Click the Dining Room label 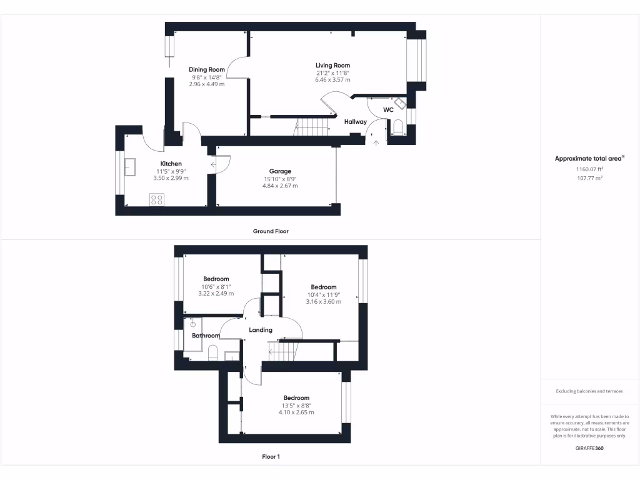[x=207, y=69]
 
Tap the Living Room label [x=332, y=65]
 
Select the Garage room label [x=280, y=171]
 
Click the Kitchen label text [x=171, y=164]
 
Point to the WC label [x=388, y=110]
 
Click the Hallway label [x=356, y=122]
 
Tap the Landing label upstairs [x=261, y=330]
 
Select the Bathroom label [x=206, y=336]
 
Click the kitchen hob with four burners [x=157, y=200]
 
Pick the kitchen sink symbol [x=131, y=167]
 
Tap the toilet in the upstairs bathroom [x=212, y=352]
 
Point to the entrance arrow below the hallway [x=375, y=144]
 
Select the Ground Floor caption [x=271, y=231]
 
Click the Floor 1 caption [x=271, y=457]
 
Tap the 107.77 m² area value [x=589, y=178]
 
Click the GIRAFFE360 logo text [x=590, y=448]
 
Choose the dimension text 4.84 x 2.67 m [x=280, y=186]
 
